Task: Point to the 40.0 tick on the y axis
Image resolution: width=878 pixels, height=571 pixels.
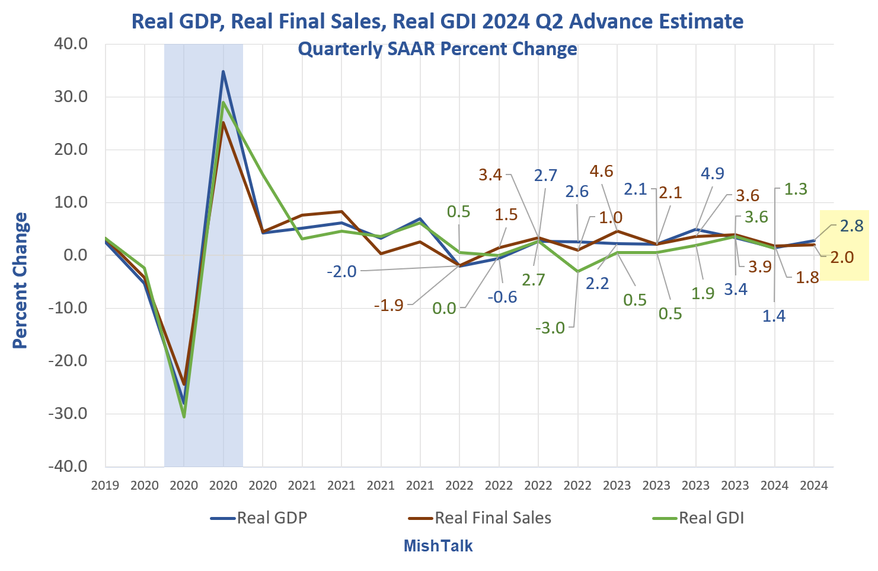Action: point(72,44)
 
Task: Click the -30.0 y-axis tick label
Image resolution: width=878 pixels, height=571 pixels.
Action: point(69,414)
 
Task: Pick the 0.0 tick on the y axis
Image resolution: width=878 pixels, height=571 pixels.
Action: point(75,255)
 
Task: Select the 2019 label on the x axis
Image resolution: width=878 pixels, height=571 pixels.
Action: point(106,486)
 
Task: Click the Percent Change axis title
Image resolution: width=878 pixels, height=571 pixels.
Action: point(21,280)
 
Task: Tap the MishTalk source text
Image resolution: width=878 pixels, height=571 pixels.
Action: point(438,546)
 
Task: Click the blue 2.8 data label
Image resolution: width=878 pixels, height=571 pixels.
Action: point(851,226)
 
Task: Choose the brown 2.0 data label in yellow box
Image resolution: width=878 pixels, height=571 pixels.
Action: point(841,258)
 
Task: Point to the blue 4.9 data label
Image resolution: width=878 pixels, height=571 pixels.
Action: point(712,173)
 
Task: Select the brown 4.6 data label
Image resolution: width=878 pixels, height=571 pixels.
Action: point(601,172)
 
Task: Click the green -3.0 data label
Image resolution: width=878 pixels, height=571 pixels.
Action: point(550,328)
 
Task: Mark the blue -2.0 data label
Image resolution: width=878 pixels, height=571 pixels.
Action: point(341,272)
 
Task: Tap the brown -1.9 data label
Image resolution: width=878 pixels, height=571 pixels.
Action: point(388,306)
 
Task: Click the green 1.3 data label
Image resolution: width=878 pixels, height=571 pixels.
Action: point(795,189)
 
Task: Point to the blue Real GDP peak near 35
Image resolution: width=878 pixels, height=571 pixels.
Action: point(223,72)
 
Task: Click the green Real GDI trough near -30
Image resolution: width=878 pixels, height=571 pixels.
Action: point(184,416)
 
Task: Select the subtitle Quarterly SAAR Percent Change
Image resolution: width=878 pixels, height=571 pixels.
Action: point(438,49)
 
